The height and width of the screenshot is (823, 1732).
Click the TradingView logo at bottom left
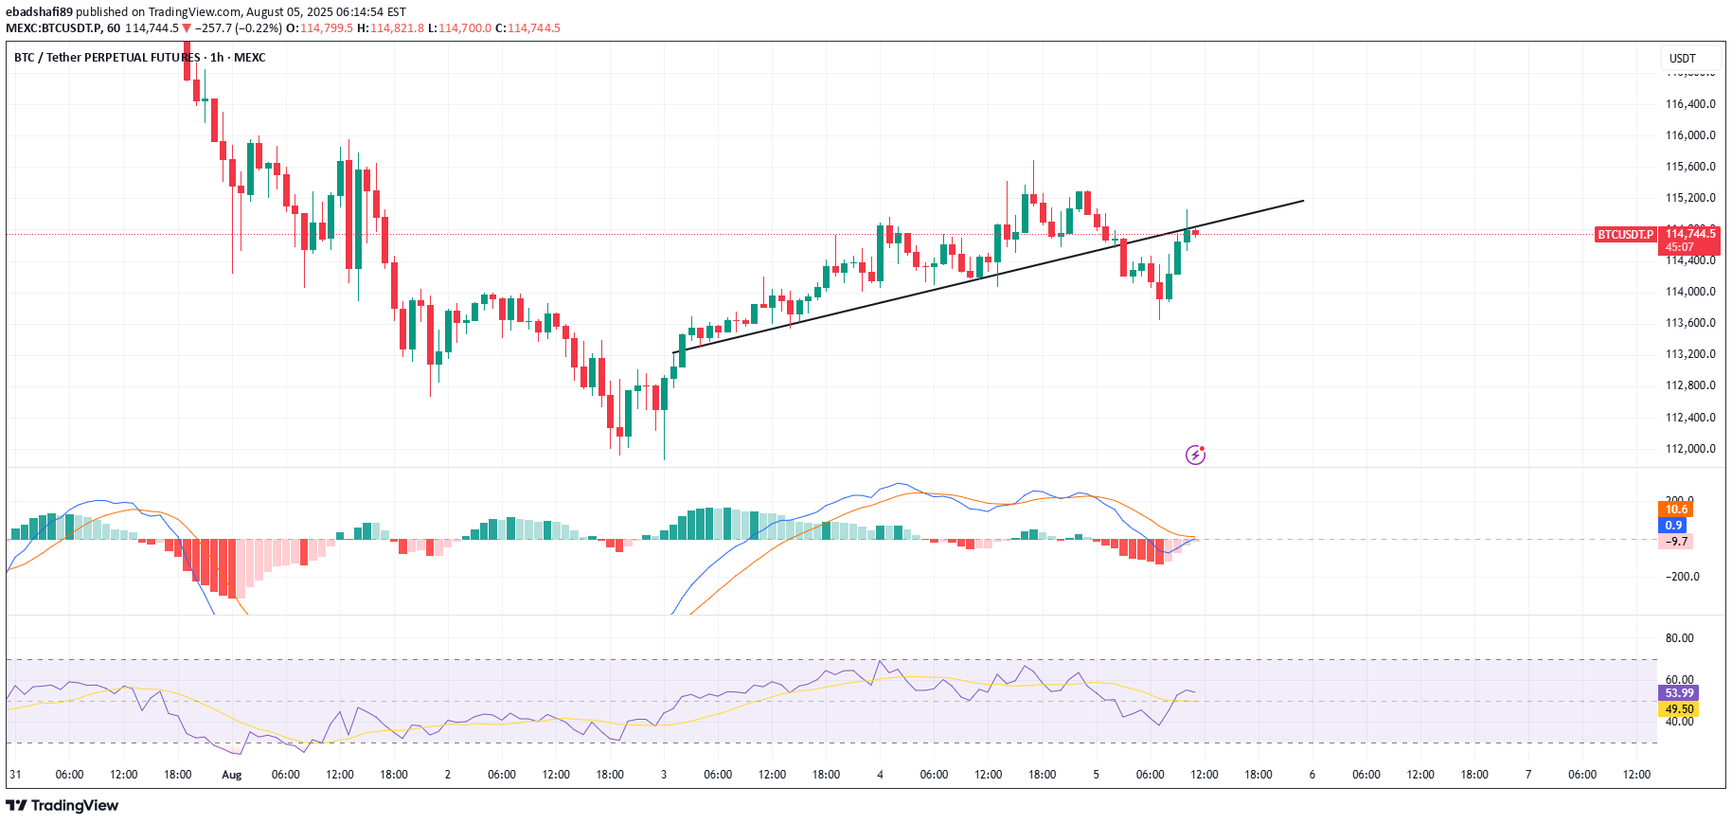pos(62,805)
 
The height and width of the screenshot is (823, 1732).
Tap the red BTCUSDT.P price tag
pos(1625,234)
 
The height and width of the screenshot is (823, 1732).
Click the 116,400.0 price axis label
pos(1690,104)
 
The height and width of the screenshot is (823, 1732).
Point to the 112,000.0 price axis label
pos(1690,449)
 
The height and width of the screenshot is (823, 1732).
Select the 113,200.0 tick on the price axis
pos(1690,354)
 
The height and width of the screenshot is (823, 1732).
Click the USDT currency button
pos(1683,59)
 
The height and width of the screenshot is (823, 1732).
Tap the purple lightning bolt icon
pos(1195,456)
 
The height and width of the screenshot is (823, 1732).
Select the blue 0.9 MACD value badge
pos(1673,526)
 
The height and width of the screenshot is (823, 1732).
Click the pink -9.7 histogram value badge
pos(1676,542)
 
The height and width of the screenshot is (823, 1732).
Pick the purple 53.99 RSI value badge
pos(1679,693)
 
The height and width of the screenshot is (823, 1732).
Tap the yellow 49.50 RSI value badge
pos(1679,709)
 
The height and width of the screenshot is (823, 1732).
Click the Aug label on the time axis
pos(232,775)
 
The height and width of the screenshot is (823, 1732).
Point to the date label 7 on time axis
pos(1528,775)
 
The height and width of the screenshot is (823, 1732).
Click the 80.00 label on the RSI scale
pos(1679,638)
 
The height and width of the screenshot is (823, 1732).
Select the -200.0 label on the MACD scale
pos(1682,577)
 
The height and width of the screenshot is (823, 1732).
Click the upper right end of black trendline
pos(1303,201)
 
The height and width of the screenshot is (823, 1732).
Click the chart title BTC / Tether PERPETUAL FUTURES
pos(107,58)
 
